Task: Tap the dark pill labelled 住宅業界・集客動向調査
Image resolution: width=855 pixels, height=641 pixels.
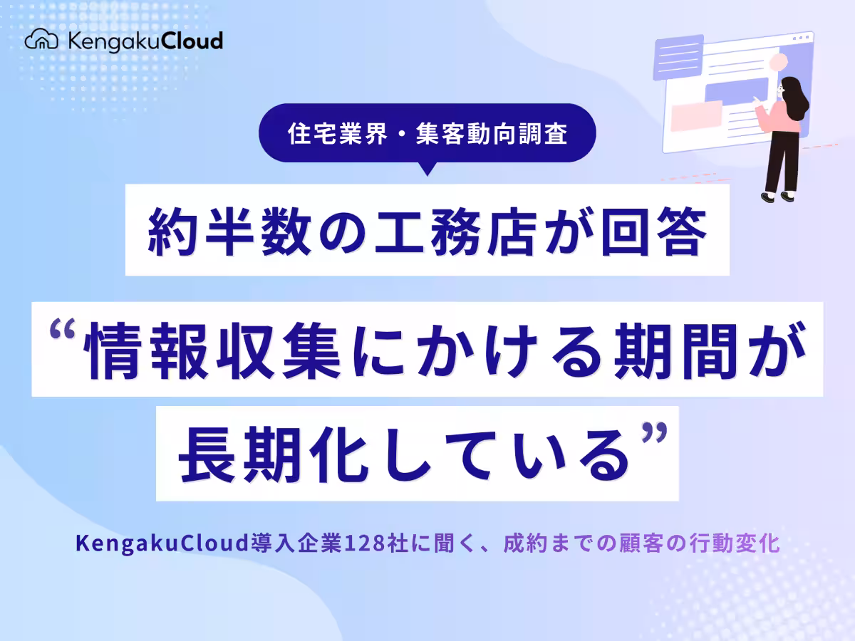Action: click(427, 134)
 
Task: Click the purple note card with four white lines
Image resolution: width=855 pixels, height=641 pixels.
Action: click(678, 58)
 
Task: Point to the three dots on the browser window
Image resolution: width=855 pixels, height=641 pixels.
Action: click(802, 37)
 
